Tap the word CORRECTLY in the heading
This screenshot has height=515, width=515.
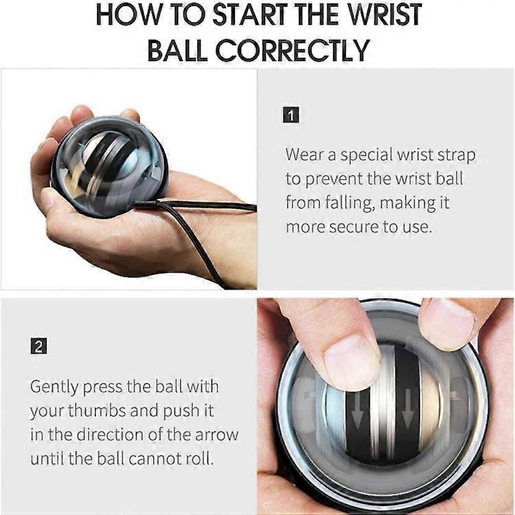(291, 49)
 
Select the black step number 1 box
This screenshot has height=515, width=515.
(291, 115)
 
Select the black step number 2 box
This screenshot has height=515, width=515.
(38, 347)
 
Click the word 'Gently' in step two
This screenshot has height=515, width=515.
(54, 386)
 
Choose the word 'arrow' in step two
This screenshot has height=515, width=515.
(213, 435)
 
